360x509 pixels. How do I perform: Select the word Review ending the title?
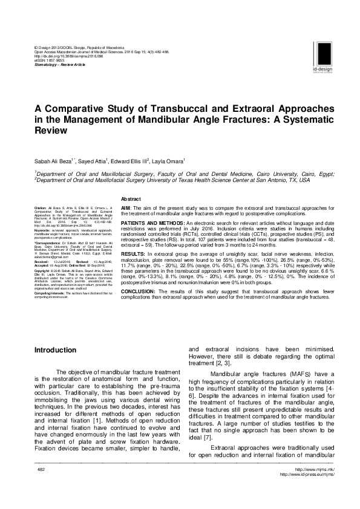coord(49,129)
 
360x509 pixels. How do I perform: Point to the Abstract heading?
coord(131,199)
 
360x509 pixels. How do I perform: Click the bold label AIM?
coord(126,207)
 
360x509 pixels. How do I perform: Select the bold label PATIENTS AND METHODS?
coord(151,223)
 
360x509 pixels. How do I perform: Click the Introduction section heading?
coord(55,350)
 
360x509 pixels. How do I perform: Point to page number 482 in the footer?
coord(42,486)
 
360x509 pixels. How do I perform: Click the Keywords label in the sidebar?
coord(42,230)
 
